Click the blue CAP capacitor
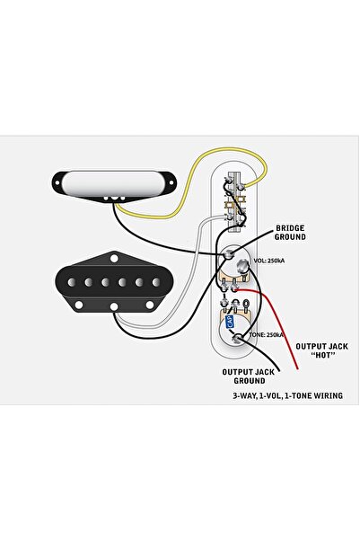pyautogui.click(x=229, y=322)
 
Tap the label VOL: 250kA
pyautogui.click(x=268, y=261)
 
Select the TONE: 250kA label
pyautogui.click(x=267, y=335)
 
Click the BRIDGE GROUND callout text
pyautogui.click(x=290, y=233)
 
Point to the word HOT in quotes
pyautogui.click(x=322, y=355)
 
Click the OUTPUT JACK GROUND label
pyautogui.click(x=249, y=376)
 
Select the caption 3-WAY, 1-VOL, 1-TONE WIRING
pyautogui.click(x=287, y=395)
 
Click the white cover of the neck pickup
pyautogui.click(x=114, y=183)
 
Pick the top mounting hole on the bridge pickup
pyautogui.click(x=114, y=258)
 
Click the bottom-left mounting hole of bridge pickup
pyautogui.click(x=79, y=305)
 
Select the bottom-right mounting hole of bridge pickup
pyautogui.click(x=150, y=305)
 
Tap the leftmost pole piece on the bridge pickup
pyautogui.click(x=72, y=282)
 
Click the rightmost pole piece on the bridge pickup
pyautogui.click(x=156, y=282)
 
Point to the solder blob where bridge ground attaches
pyautogui.click(x=228, y=255)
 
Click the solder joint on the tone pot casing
pyautogui.click(x=237, y=338)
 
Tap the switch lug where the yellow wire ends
pyautogui.click(x=241, y=186)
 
